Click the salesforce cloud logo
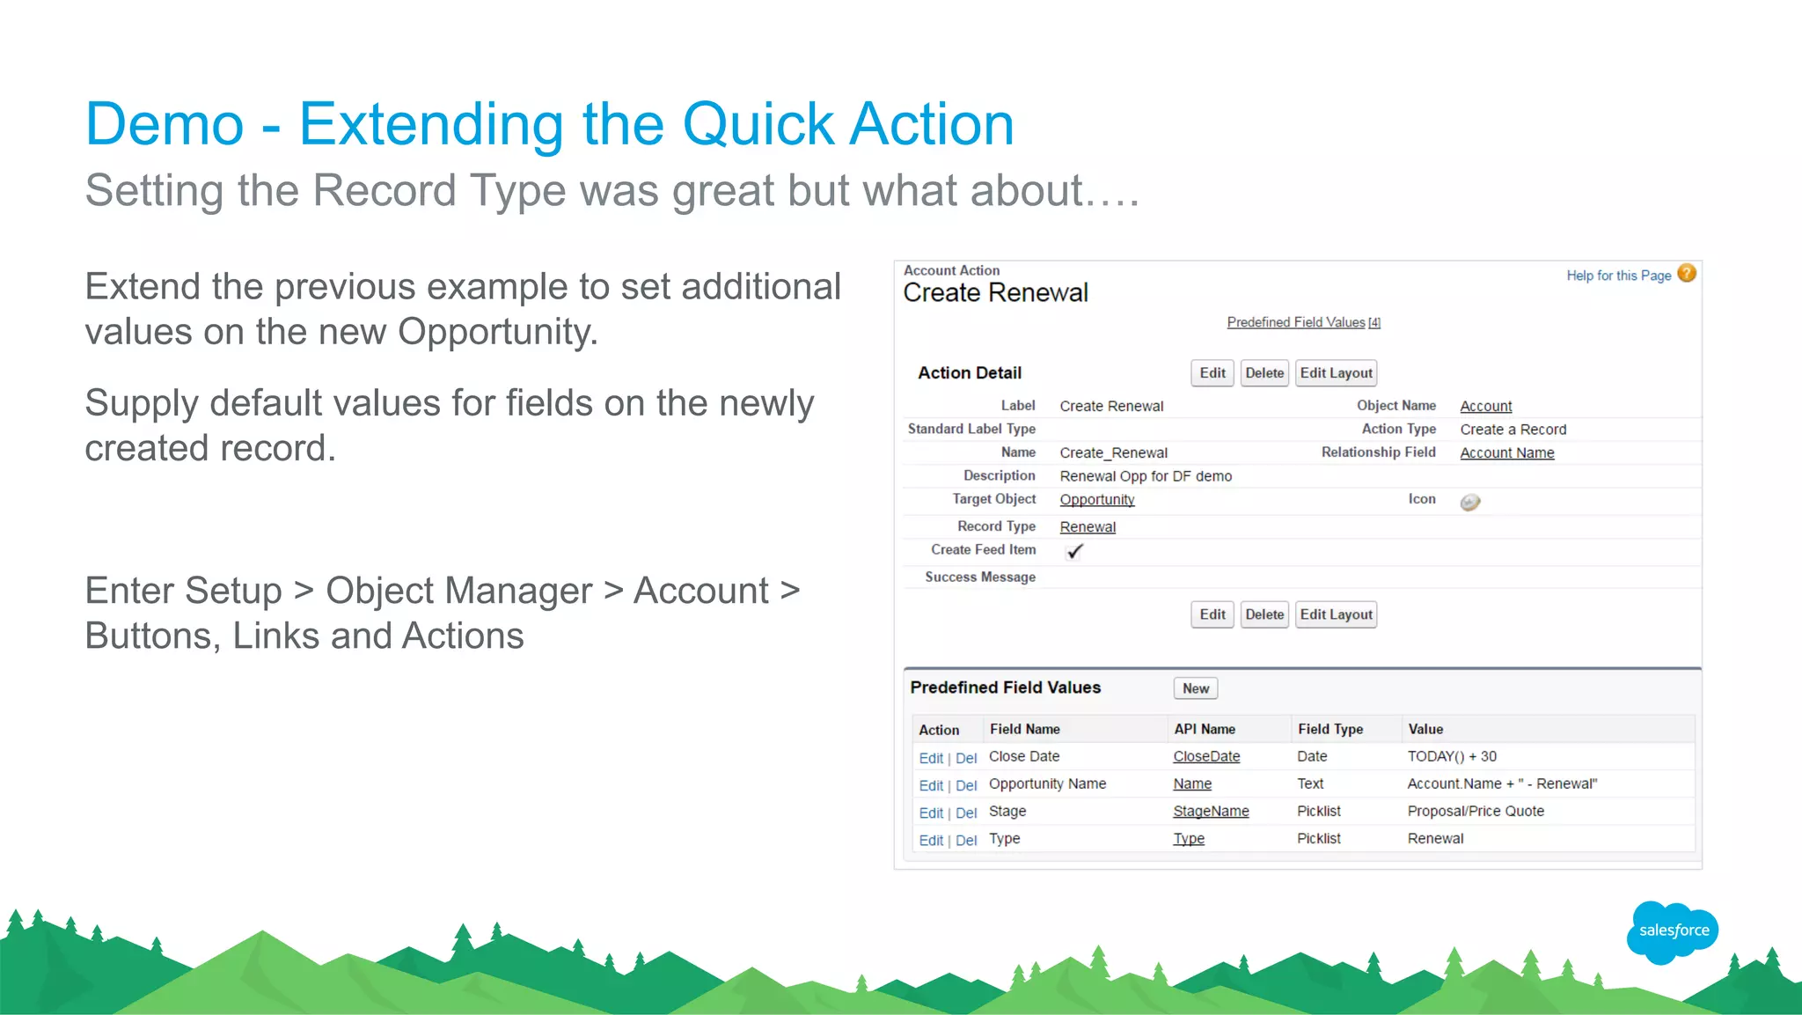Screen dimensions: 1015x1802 pyautogui.click(x=1672, y=931)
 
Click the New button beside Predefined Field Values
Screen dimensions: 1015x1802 pyautogui.click(x=1195, y=688)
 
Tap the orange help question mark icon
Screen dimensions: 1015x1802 pyautogui.click(x=1686, y=274)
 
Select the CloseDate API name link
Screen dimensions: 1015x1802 pyautogui.click(x=1205, y=756)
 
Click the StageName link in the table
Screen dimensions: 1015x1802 pyautogui.click(x=1210, y=811)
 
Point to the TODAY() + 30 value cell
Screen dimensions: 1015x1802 pyautogui.click(x=1451, y=756)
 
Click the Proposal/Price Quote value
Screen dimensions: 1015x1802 pyautogui.click(x=1475, y=811)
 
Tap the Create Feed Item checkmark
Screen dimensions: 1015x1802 pyautogui.click(x=1074, y=551)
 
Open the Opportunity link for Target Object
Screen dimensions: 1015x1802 pyautogui.click(x=1096, y=499)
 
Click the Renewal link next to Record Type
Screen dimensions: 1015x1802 pyautogui.click(x=1087, y=526)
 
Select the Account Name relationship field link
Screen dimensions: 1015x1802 pyautogui.click(x=1506, y=452)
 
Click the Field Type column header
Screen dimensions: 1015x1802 pyautogui.click(x=1330, y=729)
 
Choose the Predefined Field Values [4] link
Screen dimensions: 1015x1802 pyautogui.click(x=1303, y=322)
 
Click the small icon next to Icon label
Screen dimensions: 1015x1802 pyautogui.click(x=1469, y=502)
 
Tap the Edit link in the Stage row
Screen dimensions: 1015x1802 pyautogui.click(x=930, y=813)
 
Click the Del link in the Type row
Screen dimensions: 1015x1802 pyautogui.click(x=965, y=840)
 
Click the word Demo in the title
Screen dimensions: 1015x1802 pyautogui.click(x=165, y=124)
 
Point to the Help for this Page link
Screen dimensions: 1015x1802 pyautogui.click(x=1617, y=276)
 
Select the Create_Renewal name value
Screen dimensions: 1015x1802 pyautogui.click(x=1113, y=452)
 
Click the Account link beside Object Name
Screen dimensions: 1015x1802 pyautogui.click(x=1485, y=406)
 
